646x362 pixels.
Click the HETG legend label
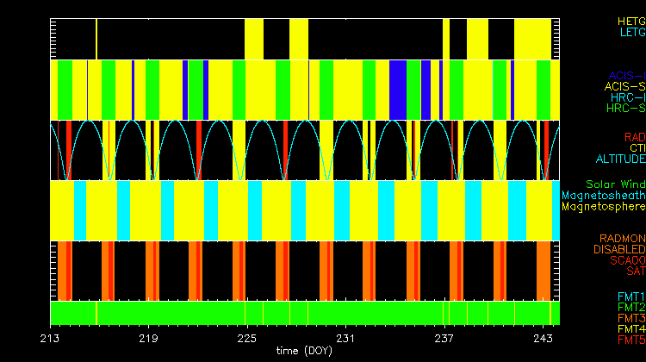pyautogui.click(x=631, y=20)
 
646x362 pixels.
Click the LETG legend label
pyautogui.click(x=632, y=32)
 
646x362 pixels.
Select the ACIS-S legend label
pyautogui.click(x=625, y=86)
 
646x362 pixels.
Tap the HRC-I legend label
pyautogui.click(x=627, y=97)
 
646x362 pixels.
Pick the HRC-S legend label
pyautogui.click(x=625, y=109)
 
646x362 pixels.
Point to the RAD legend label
pyautogui.click(x=635, y=137)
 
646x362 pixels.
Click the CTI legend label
pyautogui.click(x=637, y=148)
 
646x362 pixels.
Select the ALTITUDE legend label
pyautogui.click(x=620, y=159)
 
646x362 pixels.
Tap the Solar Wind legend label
pyautogui.click(x=615, y=184)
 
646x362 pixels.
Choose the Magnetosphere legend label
pyautogui.click(x=603, y=207)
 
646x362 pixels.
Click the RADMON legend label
pyautogui.click(x=623, y=238)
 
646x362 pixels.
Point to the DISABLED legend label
pyautogui.click(x=619, y=249)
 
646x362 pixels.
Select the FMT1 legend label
pyautogui.click(x=631, y=296)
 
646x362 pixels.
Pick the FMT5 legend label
pyautogui.click(x=631, y=340)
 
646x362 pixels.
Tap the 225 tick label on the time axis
pyautogui.click(x=247, y=338)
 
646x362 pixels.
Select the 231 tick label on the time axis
pyautogui.click(x=346, y=338)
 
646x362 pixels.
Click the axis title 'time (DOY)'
pyautogui.click(x=304, y=351)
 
